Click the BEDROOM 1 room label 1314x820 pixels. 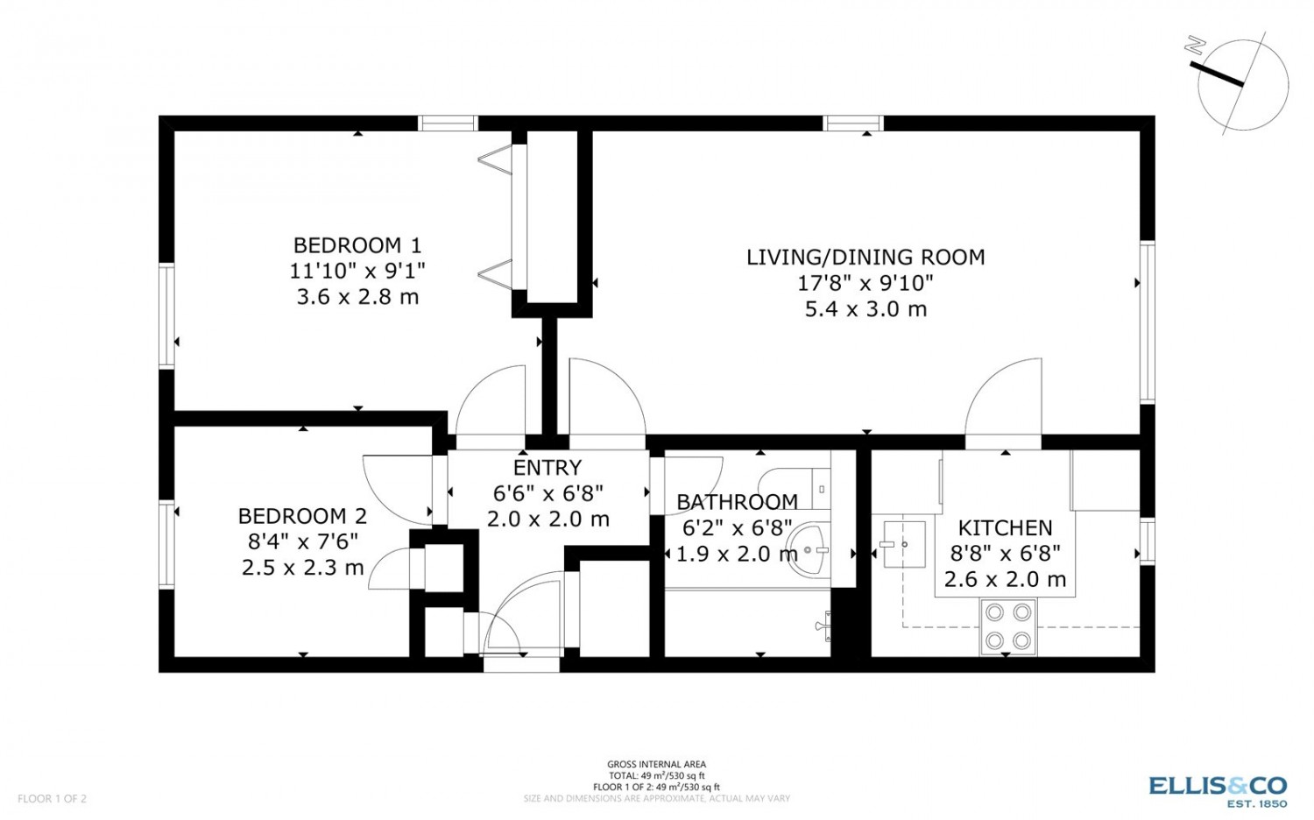(x=357, y=244)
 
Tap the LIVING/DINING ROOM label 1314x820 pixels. (x=865, y=257)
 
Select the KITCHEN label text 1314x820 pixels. (x=1005, y=528)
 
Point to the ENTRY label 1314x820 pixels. (x=547, y=468)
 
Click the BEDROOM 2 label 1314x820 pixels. (x=302, y=516)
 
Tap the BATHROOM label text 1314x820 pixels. (x=737, y=502)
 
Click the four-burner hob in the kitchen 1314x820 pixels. (x=1007, y=626)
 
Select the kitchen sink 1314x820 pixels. (x=905, y=544)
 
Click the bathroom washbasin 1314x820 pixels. (x=809, y=550)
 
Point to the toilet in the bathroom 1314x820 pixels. (x=795, y=489)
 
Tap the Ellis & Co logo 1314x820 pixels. (x=1218, y=791)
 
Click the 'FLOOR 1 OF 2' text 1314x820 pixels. (x=53, y=798)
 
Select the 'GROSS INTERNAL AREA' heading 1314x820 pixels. (x=656, y=764)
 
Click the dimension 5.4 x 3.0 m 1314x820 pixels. (x=865, y=309)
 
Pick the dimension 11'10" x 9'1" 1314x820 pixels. (x=357, y=271)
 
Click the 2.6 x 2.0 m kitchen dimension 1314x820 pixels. (x=1005, y=579)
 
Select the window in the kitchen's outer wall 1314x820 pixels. (x=1148, y=541)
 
